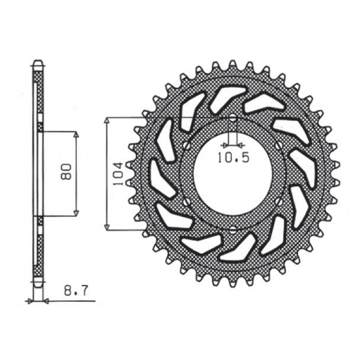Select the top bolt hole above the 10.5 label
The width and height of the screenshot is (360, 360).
[x=234, y=119]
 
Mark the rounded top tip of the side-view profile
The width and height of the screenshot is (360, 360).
[x=37, y=63]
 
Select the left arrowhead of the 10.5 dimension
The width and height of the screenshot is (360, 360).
[x=226, y=145]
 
